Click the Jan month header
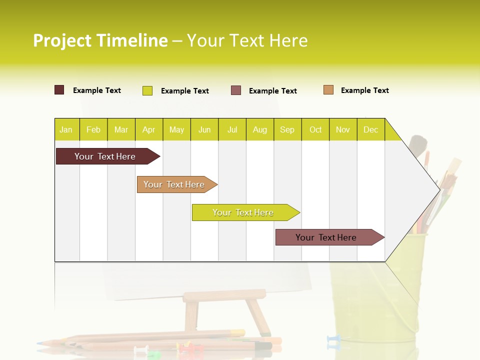[66, 129]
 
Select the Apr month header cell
[149, 129]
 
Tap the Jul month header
[232, 129]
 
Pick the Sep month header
[287, 129]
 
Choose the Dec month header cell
[370, 129]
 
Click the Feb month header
[93, 129]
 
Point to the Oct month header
[315, 129]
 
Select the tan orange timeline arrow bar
[175, 184]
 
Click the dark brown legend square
[59, 90]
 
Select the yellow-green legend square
[147, 90]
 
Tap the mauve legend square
[236, 90]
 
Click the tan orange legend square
[328, 90]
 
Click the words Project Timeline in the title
[100, 40]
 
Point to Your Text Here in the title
[247, 40]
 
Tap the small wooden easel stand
[225, 310]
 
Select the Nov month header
[343, 129]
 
